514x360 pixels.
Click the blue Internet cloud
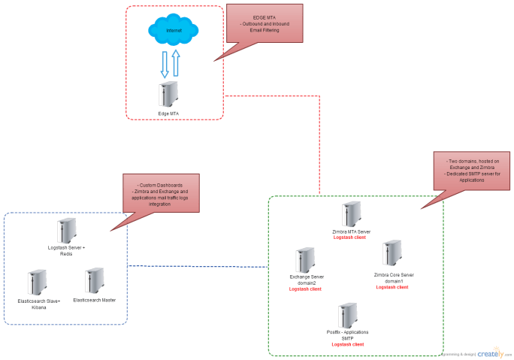point(174,31)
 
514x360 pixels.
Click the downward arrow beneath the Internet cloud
point(164,65)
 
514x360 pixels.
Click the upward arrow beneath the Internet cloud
point(177,63)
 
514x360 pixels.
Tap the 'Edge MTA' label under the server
point(169,113)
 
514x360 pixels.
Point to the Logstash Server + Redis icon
point(66,229)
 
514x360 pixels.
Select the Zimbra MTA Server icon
point(351,213)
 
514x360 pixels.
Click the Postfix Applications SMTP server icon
point(347,315)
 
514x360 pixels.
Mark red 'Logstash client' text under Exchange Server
point(305,289)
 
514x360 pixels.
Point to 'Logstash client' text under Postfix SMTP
point(347,344)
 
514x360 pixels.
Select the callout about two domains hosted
point(473,168)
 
